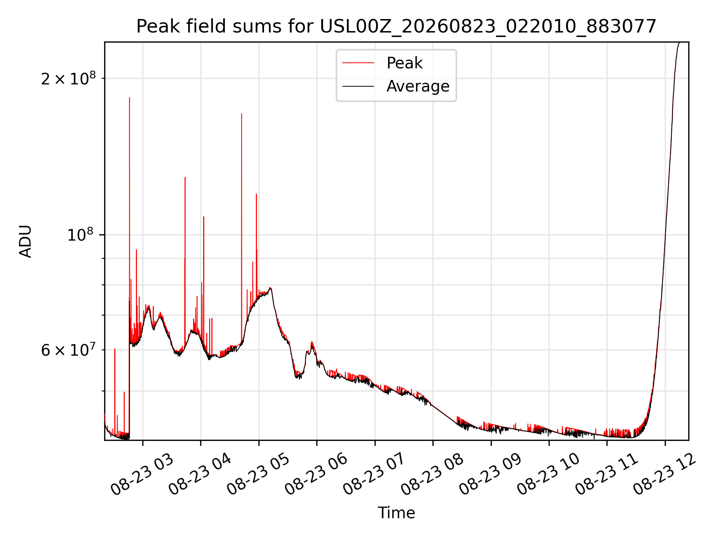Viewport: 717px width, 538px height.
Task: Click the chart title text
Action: click(396, 27)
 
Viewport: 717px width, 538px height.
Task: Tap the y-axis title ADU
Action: click(25, 241)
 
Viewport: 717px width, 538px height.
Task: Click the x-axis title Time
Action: click(396, 513)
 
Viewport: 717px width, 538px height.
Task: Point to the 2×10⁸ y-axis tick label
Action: click(68, 78)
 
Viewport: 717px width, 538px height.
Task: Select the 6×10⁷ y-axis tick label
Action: click(68, 350)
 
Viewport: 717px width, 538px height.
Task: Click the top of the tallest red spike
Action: click(130, 98)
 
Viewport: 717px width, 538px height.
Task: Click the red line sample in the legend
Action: click(358, 63)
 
